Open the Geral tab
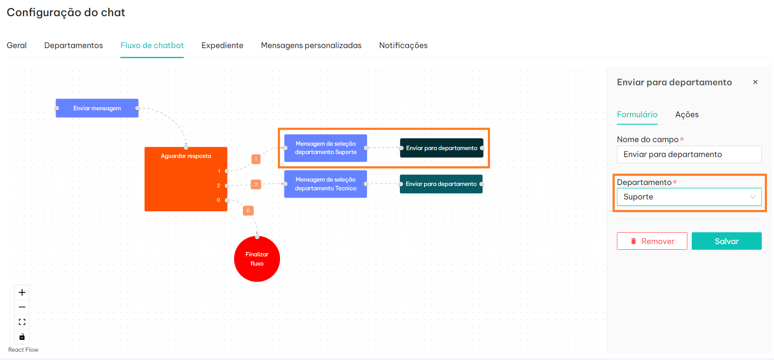pos(17,45)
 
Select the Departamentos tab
pos(74,45)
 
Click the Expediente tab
pos(222,45)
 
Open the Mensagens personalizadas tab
pos(311,45)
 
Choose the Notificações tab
pos(403,45)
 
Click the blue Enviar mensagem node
pos(97,108)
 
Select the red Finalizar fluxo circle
pos(257,259)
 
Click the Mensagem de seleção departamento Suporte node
pos(326,148)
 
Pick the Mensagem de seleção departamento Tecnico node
pos(326,184)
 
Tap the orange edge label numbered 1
pos(256,159)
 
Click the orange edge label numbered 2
pos(256,185)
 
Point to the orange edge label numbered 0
pos(248,211)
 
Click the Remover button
pos(652,241)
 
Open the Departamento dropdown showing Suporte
pos(689,197)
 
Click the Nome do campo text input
pos(689,154)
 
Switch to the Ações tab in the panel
pos(687,115)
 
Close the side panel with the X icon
pos(755,82)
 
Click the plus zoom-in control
pos(22,293)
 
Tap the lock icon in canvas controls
pos(22,337)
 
